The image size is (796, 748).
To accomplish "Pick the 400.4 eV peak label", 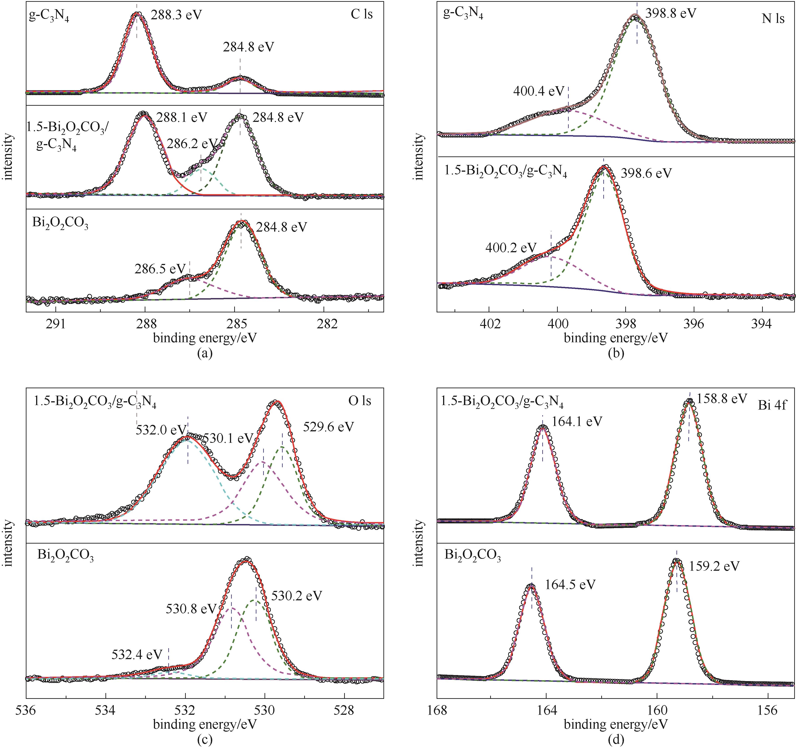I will [x=538, y=91].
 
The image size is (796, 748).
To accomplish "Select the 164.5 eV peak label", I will [x=570, y=585].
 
